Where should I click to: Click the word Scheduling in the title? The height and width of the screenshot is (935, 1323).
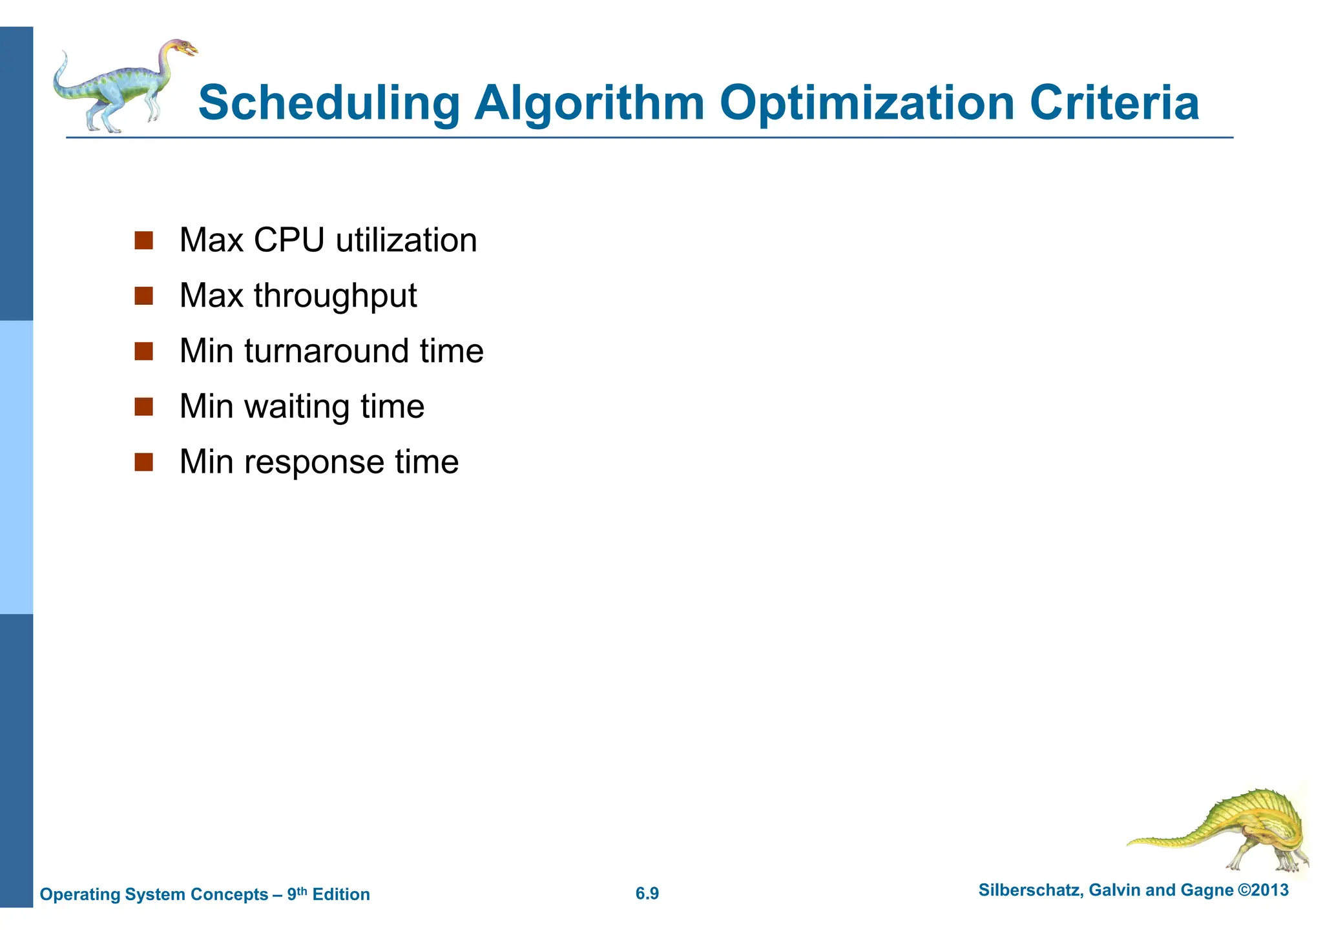tap(328, 103)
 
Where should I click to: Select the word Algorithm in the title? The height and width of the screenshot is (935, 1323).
tap(589, 103)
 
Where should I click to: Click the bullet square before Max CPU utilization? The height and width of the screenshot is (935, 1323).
tap(143, 241)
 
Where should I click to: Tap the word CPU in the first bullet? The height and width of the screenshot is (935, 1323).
tap(289, 240)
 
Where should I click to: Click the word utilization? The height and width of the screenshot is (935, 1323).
tap(406, 240)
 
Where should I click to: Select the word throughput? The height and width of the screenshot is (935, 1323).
tap(335, 296)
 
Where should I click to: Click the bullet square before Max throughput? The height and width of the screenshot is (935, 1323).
tap(143, 296)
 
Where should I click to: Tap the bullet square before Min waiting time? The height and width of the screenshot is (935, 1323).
tap(143, 407)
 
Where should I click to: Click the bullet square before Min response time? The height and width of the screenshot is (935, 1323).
tap(143, 462)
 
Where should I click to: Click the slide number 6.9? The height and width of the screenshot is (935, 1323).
tap(647, 894)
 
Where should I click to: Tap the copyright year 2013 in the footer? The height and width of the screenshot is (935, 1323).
tap(1269, 890)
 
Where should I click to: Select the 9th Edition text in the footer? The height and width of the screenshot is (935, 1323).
tap(329, 894)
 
